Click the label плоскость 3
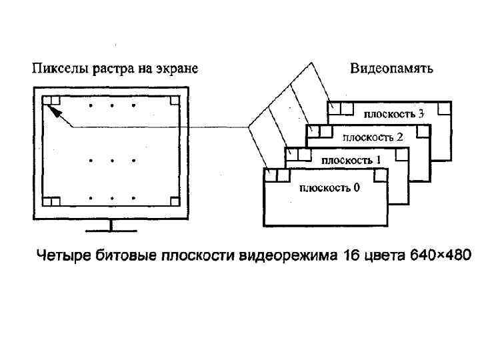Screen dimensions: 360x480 (x=393, y=113)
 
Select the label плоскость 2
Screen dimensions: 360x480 (x=373, y=137)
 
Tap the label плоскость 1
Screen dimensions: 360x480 (x=351, y=160)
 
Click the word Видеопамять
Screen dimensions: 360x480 (x=392, y=68)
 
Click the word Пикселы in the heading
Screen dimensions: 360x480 (x=55, y=68)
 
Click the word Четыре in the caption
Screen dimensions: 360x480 (x=59, y=255)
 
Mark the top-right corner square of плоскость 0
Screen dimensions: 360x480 (x=380, y=175)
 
